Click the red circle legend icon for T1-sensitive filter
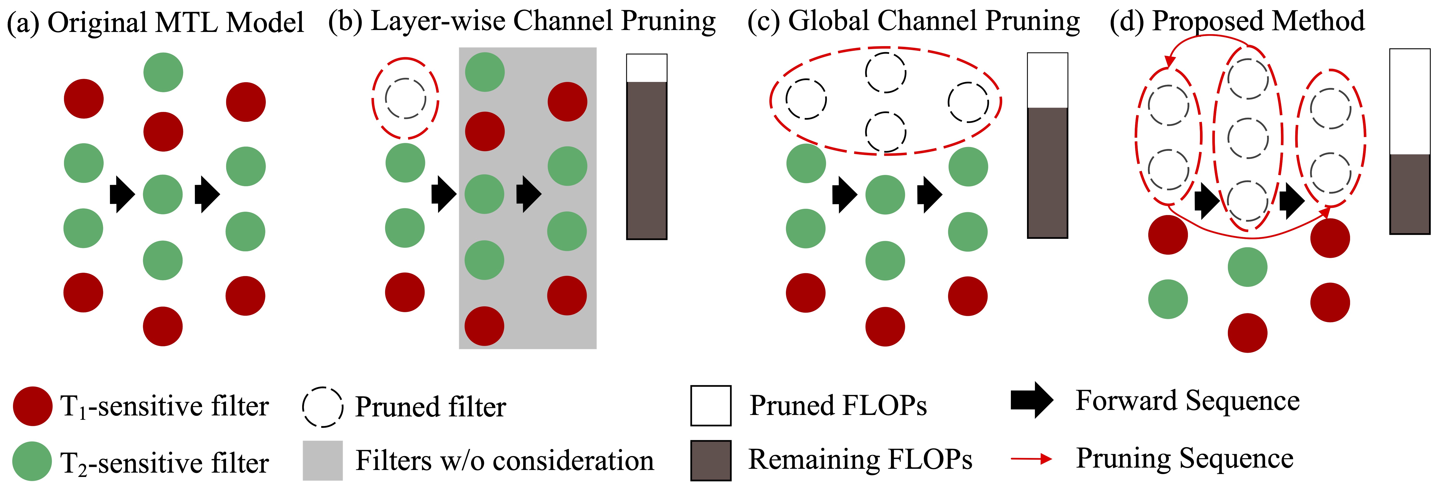click(x=33, y=406)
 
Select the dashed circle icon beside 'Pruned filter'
click(x=323, y=407)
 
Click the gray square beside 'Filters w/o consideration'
click(x=323, y=460)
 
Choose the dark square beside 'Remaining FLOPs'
click(x=711, y=460)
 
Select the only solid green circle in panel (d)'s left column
click(x=1168, y=299)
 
